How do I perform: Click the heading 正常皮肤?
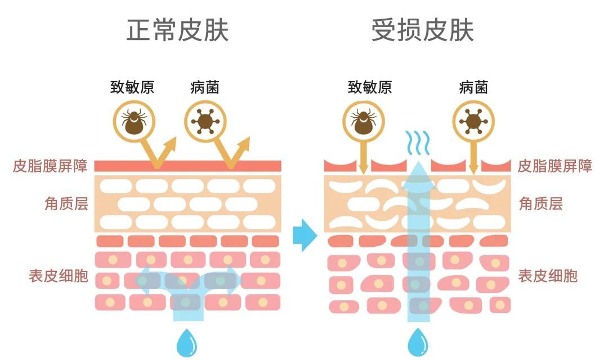[177, 30]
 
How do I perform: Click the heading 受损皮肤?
[422, 30]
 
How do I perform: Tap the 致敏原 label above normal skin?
[132, 87]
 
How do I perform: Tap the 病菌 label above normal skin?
[205, 87]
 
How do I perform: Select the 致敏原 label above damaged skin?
[370, 87]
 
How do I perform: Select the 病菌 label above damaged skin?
[473, 87]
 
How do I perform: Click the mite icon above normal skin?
[135, 121]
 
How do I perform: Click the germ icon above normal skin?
[205, 121]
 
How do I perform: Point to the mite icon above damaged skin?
[364, 121]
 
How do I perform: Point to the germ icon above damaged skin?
[473, 121]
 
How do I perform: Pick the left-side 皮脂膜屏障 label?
[50, 166]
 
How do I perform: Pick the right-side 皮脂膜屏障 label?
[555, 166]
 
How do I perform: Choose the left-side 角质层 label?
[66, 203]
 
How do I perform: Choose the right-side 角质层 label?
[540, 203]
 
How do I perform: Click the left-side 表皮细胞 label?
[59, 275]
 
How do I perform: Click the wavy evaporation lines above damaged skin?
[417, 143]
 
